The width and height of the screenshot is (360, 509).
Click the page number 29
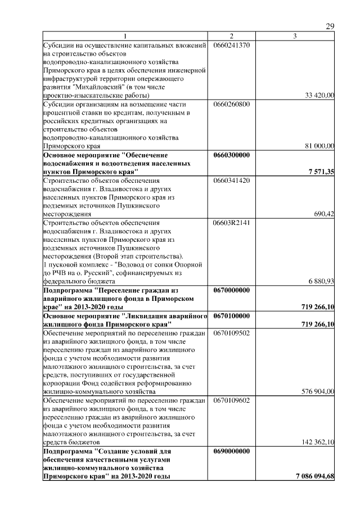click(330, 27)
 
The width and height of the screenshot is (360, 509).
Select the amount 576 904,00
click(318, 391)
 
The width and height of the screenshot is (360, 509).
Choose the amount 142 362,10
click(318, 443)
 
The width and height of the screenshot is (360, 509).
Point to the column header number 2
click(231, 37)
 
